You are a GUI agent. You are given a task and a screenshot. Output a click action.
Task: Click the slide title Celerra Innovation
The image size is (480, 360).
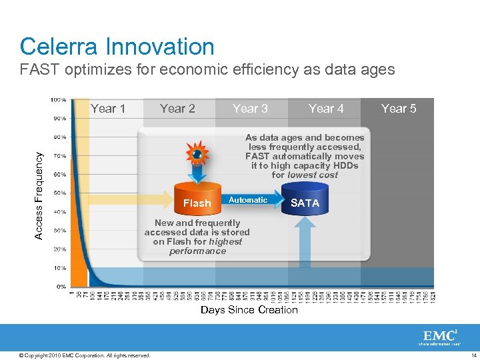(117, 47)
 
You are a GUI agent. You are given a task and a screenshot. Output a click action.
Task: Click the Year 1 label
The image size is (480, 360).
(108, 109)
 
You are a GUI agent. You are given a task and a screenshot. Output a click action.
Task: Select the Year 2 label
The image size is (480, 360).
(177, 109)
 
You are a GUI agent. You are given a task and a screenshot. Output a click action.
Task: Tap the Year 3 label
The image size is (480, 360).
(250, 109)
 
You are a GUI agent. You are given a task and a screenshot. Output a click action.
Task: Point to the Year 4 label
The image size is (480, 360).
(326, 109)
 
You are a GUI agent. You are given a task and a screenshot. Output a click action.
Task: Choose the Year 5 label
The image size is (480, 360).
(399, 109)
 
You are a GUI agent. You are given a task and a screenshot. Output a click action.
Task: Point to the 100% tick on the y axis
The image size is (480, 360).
(58, 100)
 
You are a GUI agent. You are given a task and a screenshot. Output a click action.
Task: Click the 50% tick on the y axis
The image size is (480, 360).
(59, 193)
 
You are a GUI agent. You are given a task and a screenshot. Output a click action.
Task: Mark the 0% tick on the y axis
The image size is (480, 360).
(61, 287)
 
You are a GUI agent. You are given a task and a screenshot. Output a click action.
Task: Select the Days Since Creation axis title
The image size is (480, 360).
(249, 310)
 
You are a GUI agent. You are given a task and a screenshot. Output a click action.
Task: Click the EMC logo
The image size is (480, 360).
(439, 337)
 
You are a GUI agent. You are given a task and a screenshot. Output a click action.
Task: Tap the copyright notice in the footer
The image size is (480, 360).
(85, 355)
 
